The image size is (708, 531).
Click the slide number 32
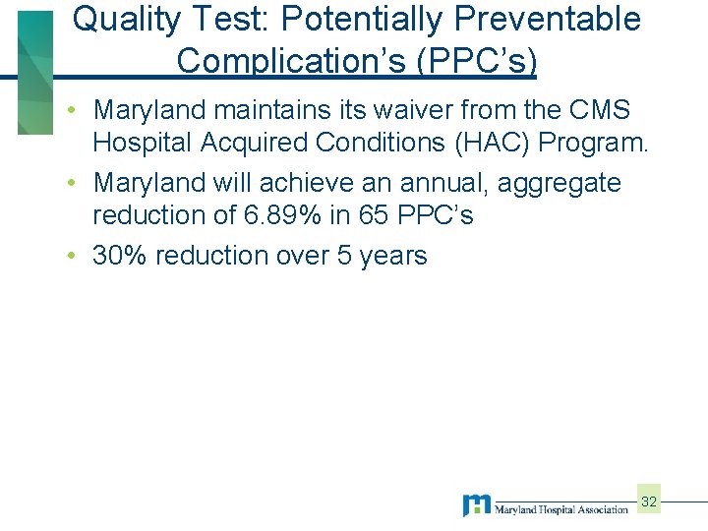649,501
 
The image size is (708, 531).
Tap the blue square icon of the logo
477,504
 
